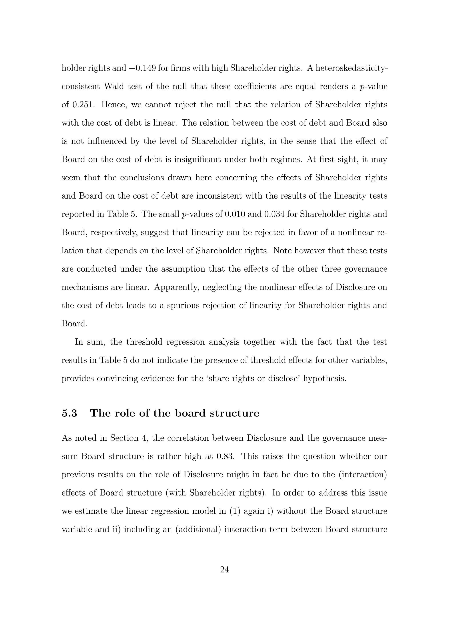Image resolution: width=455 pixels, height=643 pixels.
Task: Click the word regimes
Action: coord(283,159)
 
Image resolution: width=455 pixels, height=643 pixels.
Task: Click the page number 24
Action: coord(225,569)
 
